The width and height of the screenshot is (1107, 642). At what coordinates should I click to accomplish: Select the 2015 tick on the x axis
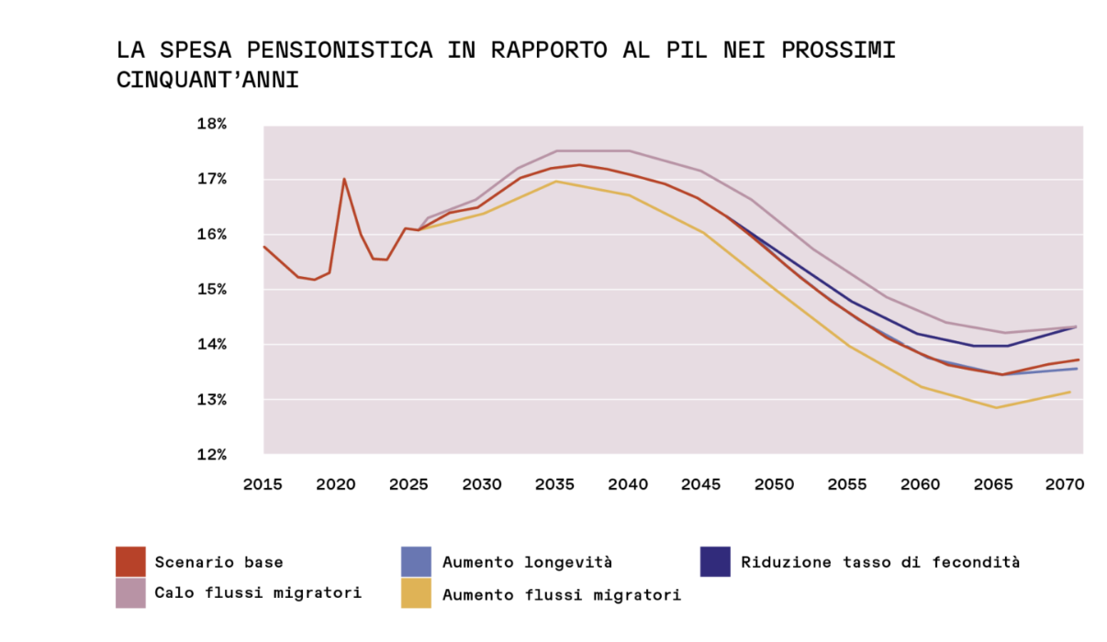click(x=263, y=484)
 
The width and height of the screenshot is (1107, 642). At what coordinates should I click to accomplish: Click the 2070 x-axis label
click(x=1065, y=484)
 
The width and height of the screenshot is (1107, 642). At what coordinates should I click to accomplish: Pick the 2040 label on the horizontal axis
click(x=629, y=484)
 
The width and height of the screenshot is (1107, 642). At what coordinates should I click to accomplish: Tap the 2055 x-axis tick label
click(x=846, y=484)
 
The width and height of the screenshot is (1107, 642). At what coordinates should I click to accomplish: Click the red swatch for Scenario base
click(x=130, y=561)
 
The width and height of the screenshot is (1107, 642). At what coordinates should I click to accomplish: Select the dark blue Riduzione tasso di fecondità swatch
click(x=715, y=561)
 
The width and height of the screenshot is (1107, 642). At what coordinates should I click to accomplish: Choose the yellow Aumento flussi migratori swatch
click(x=416, y=593)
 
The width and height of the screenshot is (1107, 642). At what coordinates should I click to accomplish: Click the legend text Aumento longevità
click(x=527, y=562)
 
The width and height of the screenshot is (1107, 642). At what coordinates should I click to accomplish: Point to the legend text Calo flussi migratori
click(x=258, y=592)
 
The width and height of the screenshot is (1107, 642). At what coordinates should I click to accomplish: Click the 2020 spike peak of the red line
click(x=344, y=179)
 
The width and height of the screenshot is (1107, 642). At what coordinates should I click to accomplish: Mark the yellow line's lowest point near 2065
click(x=996, y=407)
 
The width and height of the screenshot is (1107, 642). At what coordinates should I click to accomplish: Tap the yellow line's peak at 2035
click(x=556, y=181)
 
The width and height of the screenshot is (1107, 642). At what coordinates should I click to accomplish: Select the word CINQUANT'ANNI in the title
click(x=207, y=80)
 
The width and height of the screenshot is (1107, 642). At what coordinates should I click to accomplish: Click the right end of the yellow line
click(x=1070, y=392)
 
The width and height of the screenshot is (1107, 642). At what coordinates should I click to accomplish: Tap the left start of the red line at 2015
click(x=264, y=246)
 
